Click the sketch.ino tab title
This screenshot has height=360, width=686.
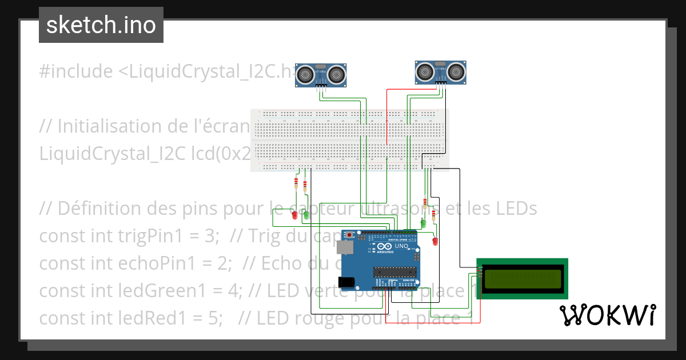(101, 25)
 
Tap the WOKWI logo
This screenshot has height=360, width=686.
(607, 315)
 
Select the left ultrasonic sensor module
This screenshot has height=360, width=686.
(321, 75)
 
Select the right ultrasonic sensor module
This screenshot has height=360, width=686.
(440, 72)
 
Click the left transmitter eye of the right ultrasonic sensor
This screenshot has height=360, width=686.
(425, 71)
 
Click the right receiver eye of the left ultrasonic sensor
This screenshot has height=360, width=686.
(337, 74)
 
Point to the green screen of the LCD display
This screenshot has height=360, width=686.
(523, 278)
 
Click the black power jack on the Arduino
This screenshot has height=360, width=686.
(346, 281)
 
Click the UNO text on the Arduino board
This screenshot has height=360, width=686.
(401, 246)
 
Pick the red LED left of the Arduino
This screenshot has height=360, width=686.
(294, 215)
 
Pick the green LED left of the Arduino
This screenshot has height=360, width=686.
(306, 215)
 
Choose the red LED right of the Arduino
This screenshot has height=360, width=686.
(435, 241)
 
